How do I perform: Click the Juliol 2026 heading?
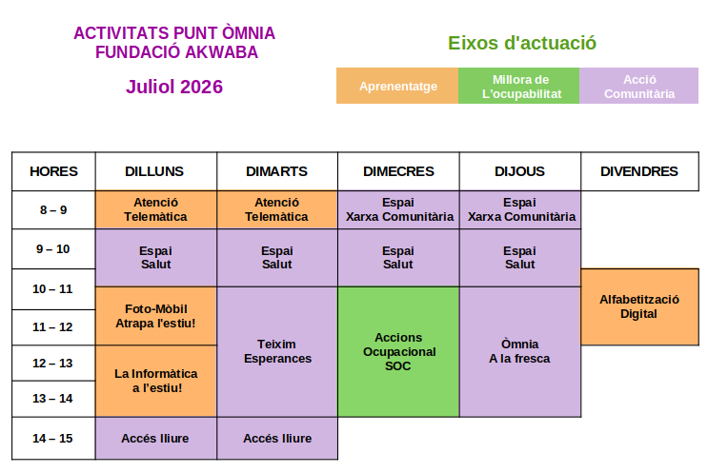[174, 87]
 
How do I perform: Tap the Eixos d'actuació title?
[522, 43]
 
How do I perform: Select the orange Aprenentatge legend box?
[397, 86]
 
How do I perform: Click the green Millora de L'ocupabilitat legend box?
[518, 86]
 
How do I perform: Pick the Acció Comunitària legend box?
[639, 86]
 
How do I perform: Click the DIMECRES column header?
[398, 171]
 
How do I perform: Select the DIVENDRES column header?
[639, 171]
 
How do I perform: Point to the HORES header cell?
[53, 171]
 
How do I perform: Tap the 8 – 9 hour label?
[53, 210]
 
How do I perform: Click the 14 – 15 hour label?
[52, 439]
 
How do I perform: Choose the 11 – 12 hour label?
[52, 326]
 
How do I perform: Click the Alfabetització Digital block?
[639, 307]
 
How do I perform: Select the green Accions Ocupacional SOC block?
[398, 352]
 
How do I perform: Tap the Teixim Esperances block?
[277, 352]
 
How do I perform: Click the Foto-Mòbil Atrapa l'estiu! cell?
[155, 316]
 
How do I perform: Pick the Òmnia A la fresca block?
[520, 352]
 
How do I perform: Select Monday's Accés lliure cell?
[155, 439]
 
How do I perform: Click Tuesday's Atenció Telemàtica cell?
[277, 209]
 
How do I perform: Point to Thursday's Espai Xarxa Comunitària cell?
[520, 209]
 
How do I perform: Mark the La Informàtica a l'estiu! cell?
[155, 381]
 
